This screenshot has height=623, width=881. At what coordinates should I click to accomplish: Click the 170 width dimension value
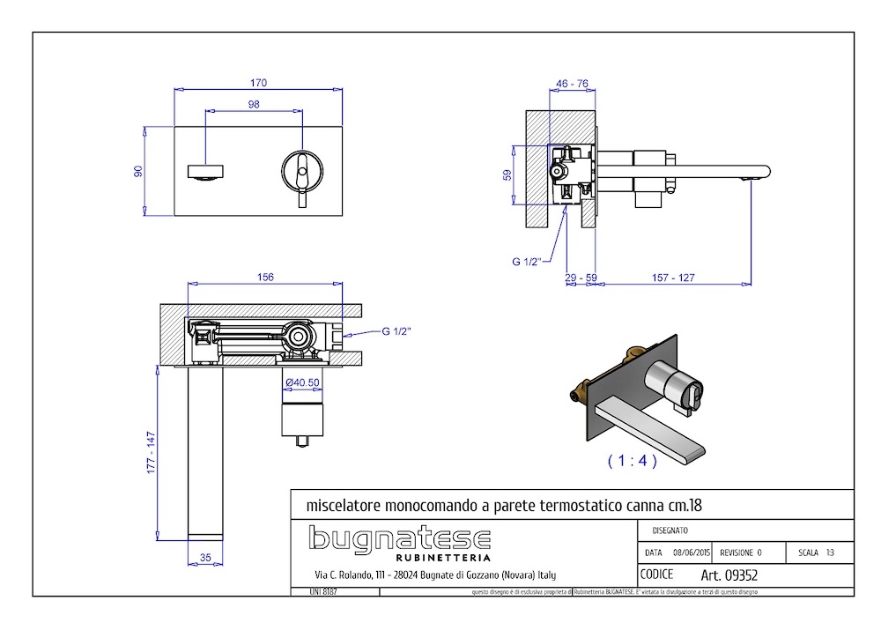point(258,83)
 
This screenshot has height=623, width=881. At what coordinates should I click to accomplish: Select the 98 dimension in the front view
point(254,104)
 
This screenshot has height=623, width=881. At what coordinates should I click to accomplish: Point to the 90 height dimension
point(137,170)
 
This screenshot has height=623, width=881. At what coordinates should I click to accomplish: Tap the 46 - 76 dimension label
point(572,84)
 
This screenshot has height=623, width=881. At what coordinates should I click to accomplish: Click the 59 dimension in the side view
point(507,175)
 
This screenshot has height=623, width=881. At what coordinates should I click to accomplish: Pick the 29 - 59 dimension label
point(581,278)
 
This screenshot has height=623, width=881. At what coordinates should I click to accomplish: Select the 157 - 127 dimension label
point(674,278)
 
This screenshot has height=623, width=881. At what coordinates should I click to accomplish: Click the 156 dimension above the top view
point(264,277)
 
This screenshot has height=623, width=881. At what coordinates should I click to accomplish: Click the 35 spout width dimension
point(206,557)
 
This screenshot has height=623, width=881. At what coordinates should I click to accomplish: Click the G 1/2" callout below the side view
point(528,261)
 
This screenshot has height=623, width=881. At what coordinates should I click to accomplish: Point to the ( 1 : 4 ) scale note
point(633,461)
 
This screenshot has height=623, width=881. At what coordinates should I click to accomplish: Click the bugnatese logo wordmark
point(399,538)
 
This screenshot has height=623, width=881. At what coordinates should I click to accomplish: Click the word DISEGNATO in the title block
point(670,530)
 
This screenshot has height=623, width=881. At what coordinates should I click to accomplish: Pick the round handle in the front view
point(302,169)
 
